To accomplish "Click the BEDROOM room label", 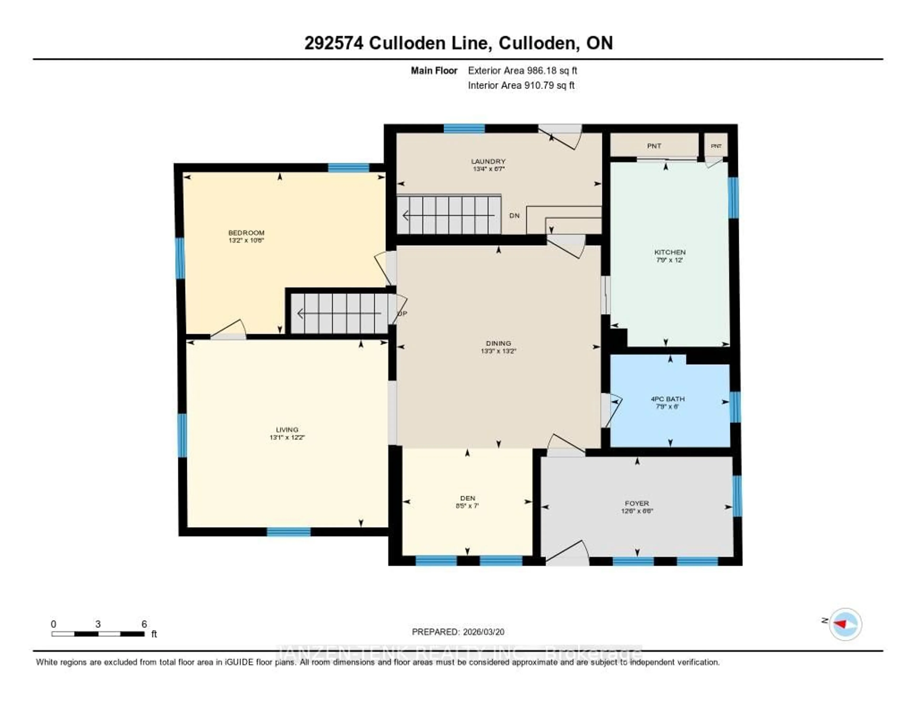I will [246, 232].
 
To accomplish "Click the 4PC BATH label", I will [668, 399].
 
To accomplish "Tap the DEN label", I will [467, 498].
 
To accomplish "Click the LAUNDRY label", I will [488, 161].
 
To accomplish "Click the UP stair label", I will [403, 313].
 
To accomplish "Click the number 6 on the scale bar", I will [144, 624].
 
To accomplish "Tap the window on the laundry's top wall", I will [464, 128].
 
